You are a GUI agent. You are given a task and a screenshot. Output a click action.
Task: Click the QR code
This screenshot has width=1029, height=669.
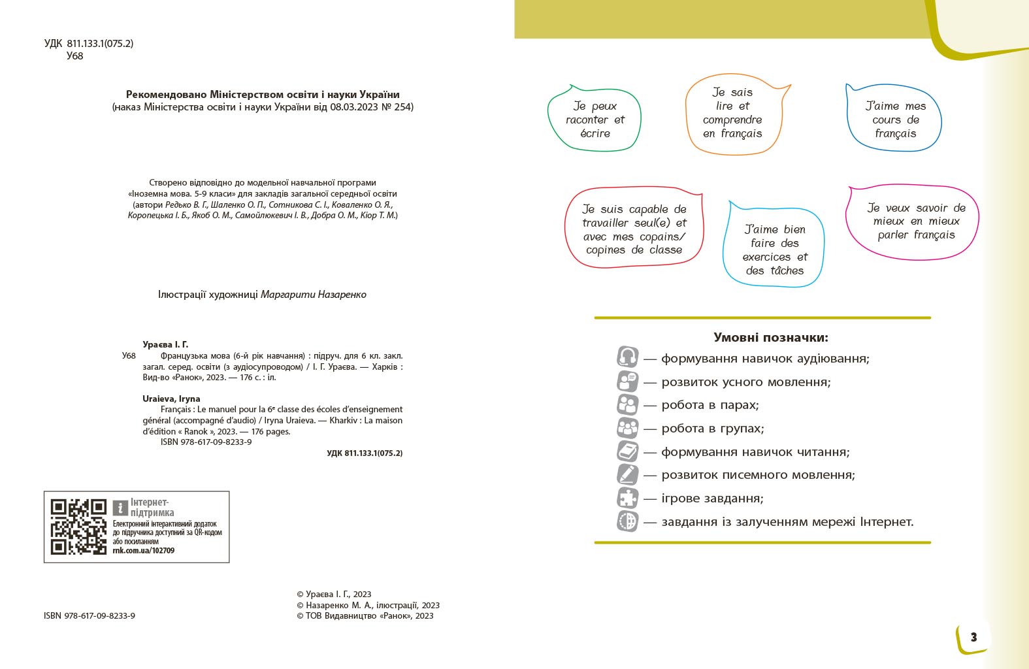tap(78, 527)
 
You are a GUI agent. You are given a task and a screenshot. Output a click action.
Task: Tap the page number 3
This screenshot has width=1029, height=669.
tap(973, 637)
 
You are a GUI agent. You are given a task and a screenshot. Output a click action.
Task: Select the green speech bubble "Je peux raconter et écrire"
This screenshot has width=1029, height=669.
tap(595, 120)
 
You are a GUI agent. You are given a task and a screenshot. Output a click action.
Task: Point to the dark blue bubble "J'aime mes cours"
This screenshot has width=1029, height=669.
tap(894, 120)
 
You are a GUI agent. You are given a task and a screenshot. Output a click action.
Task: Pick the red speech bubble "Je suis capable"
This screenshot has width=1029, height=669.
tap(634, 229)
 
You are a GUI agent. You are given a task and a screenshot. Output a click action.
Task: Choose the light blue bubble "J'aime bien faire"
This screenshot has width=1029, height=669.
tap(774, 249)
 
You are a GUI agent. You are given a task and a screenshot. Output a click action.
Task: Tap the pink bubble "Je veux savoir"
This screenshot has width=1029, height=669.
tap(915, 221)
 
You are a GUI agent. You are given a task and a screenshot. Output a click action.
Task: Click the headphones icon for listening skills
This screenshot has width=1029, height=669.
tap(627, 357)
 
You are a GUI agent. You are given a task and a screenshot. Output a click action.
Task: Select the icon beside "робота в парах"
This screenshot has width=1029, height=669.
tap(627, 404)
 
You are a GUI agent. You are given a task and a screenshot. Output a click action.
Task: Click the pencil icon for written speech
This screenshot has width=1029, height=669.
tap(627, 474)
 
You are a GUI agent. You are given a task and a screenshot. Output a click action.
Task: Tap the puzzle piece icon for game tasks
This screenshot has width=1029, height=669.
tap(627, 498)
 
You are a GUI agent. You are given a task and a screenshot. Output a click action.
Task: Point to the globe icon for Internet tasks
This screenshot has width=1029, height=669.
tap(627, 521)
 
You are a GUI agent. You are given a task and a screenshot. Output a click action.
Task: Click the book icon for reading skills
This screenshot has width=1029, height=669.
tap(627, 451)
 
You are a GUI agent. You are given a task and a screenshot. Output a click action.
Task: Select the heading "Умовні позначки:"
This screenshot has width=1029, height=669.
tap(770, 338)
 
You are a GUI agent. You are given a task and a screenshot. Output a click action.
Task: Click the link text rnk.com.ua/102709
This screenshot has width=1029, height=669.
tap(144, 551)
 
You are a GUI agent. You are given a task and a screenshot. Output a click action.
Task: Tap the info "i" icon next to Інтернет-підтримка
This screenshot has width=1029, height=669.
tap(120, 508)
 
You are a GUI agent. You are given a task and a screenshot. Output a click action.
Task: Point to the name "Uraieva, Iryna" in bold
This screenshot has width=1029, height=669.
tap(171, 399)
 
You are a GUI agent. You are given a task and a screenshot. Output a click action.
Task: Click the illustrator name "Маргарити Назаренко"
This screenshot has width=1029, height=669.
tap(314, 295)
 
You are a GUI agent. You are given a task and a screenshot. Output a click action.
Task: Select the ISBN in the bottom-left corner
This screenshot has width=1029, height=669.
tap(90, 615)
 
